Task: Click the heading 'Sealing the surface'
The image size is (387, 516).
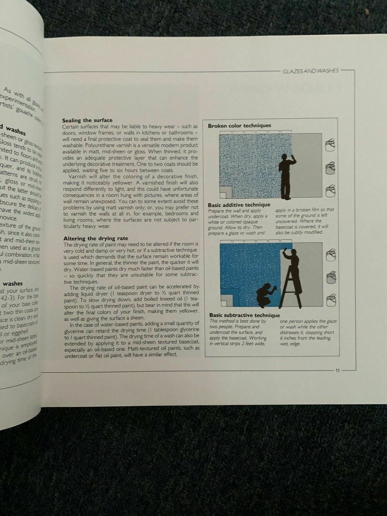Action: (x=87, y=120)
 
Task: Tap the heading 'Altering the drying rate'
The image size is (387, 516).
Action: (x=96, y=238)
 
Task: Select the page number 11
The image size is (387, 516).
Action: (x=337, y=371)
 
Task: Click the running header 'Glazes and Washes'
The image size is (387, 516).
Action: (x=310, y=71)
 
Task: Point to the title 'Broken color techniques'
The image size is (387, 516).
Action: (x=239, y=126)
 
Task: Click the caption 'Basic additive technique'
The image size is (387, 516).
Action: (x=239, y=205)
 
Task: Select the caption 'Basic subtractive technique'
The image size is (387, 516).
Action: (x=244, y=315)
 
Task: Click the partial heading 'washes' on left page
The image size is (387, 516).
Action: (x=13, y=283)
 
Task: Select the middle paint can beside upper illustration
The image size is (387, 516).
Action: (x=331, y=168)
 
